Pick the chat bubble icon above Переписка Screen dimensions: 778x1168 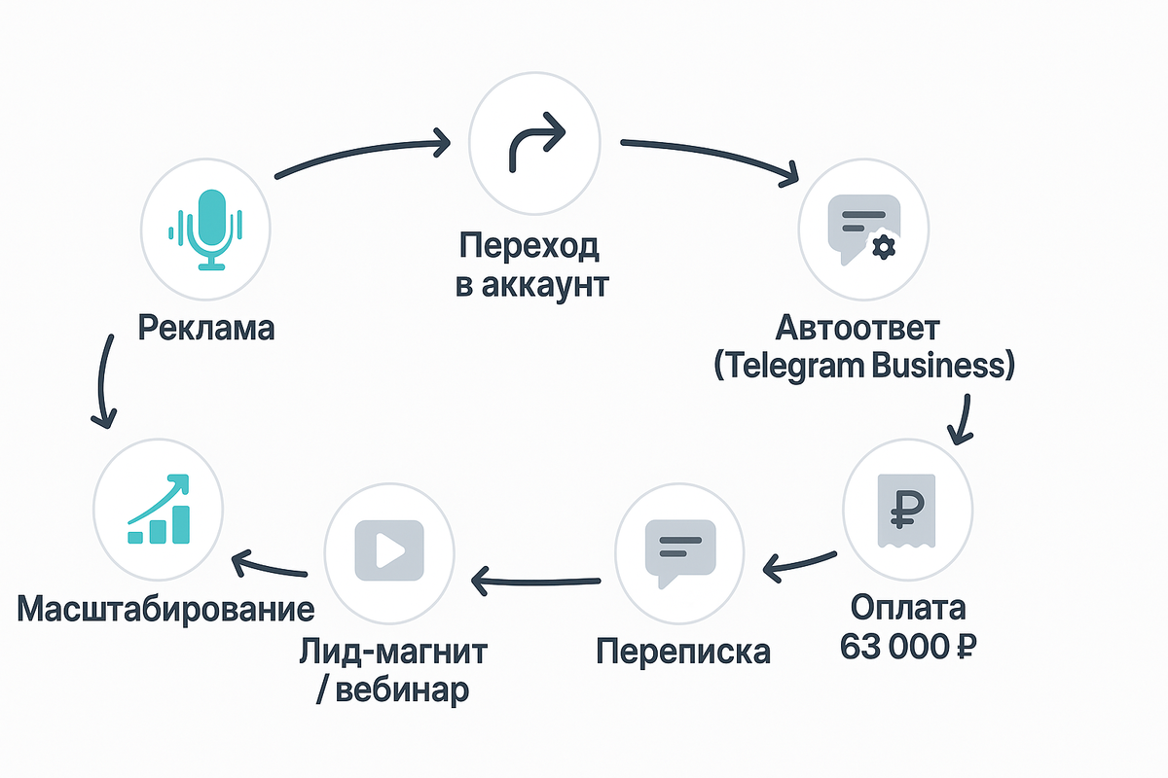click(680, 551)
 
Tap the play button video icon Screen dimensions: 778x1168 click(389, 551)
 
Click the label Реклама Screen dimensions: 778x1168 click(206, 327)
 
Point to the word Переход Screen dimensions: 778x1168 click(529, 246)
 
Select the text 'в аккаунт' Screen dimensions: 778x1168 click(532, 286)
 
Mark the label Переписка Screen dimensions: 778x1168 click(682, 650)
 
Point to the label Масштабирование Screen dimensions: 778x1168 click(166, 610)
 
